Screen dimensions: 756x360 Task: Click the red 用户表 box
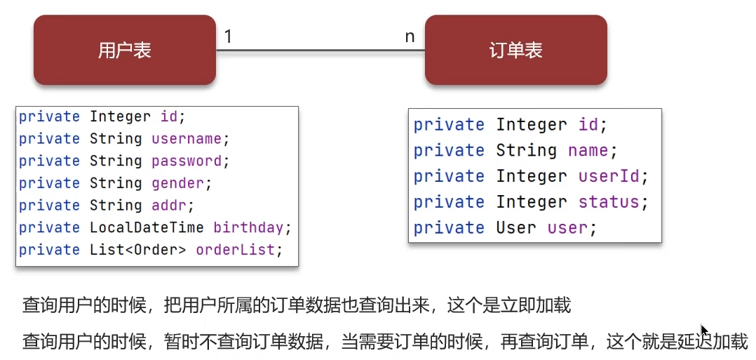pyautogui.click(x=124, y=51)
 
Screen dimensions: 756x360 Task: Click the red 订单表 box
pyautogui.click(x=515, y=51)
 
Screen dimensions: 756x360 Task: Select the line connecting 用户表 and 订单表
pyautogui.click(x=319, y=50)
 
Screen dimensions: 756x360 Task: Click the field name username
pyautogui.click(x=186, y=139)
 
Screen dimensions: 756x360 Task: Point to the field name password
pyautogui.click(x=186, y=161)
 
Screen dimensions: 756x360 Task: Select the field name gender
pyautogui.click(x=177, y=183)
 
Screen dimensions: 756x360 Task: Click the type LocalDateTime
pyautogui.click(x=147, y=228)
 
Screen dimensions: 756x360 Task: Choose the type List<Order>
pyautogui.click(x=137, y=250)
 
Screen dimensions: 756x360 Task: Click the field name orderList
pyautogui.click(x=235, y=250)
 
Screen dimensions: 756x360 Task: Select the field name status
pyautogui.click(x=609, y=202)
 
